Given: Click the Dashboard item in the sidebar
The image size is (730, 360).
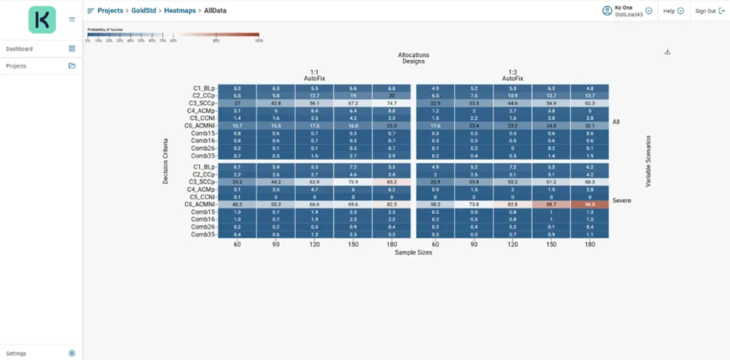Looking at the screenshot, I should pos(19,49).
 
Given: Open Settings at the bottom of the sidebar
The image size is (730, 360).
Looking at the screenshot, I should pos(16,353).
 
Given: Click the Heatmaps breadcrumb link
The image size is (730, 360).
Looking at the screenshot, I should pos(180,11).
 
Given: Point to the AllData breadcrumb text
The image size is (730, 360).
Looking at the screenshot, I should pos(215,11).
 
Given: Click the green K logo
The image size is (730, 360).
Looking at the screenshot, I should pos(42,19).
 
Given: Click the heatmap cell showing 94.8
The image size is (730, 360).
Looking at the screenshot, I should pos(589,204).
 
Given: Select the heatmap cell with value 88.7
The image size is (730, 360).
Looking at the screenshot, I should pos(551,204).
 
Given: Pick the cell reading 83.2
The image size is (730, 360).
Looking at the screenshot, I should pos(391,182).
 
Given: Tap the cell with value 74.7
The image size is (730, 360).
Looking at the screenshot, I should pos(391,103).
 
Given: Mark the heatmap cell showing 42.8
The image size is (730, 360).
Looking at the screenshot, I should pos(275,103).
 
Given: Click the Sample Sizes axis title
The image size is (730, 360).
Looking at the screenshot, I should pos(413,253).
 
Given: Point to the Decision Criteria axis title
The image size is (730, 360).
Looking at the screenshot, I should pos(166,162).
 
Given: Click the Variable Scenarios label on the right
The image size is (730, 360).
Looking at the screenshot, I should pos(648,162).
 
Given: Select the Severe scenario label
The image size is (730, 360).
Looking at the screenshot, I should pos(621,201).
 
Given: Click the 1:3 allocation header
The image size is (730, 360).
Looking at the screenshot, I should pos(512,72).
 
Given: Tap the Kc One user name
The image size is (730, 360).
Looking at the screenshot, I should pos(623,8).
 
